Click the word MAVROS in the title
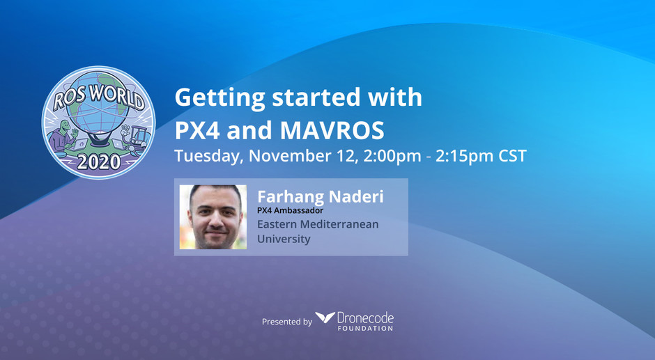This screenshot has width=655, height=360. pos(332,130)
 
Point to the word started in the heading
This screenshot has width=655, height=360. pos(316,97)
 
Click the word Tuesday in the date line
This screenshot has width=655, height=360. pos(209,157)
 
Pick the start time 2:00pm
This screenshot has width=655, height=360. pos(392,156)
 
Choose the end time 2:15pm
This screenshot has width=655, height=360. pos(464,156)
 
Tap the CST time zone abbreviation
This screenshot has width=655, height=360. pos(513,156)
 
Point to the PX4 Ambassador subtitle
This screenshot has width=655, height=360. pos(291,210)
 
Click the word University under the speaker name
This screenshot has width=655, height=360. pos(284,240)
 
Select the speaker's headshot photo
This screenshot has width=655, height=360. pos(213,217)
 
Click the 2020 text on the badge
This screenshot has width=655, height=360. pos(99,162)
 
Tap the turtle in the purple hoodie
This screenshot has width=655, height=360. pos(63,136)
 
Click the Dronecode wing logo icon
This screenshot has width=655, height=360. pos(325,318)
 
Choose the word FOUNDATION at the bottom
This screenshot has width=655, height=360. pos(366,328)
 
